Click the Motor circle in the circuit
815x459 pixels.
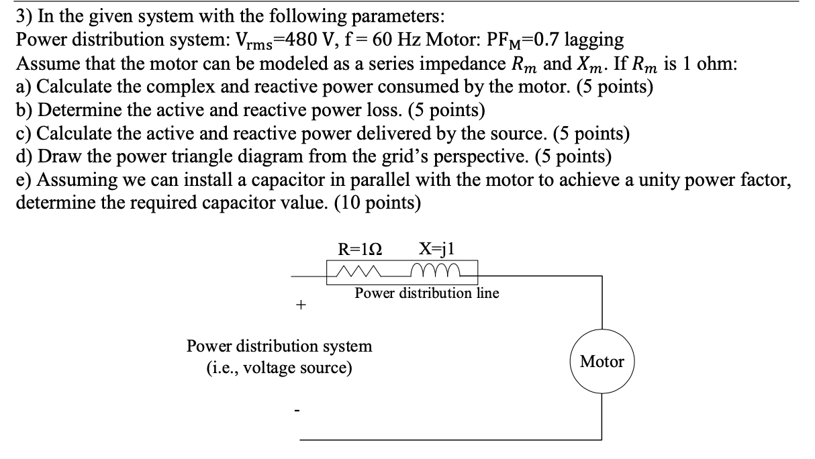coord(602,362)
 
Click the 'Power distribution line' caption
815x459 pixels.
coord(427,293)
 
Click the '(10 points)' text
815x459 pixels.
coord(381,203)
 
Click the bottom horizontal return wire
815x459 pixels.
coord(450,440)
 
